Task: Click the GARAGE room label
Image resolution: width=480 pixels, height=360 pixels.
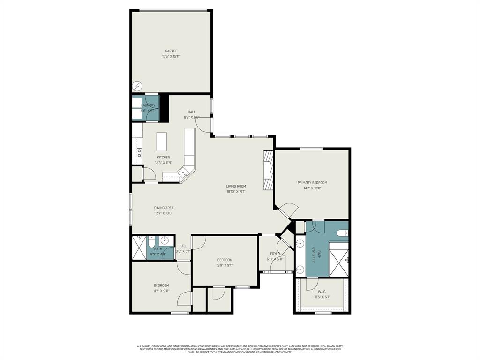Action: pos(171,51)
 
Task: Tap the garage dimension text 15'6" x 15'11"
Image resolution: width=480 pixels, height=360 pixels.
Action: pos(171,56)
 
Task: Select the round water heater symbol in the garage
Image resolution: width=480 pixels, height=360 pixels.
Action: pos(137,86)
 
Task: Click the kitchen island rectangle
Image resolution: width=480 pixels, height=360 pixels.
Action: pos(161,141)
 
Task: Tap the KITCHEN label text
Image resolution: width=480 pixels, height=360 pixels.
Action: pos(164,157)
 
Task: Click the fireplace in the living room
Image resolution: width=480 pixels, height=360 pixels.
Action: pos(268,170)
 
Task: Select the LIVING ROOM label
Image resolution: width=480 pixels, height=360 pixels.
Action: pos(236,186)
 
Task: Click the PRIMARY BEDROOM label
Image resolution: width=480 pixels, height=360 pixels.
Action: pos(312,183)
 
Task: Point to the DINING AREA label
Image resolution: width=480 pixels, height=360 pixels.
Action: pos(164,208)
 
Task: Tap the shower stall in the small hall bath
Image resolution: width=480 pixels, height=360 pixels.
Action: pos(139,248)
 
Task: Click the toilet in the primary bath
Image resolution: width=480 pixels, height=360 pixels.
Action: pos(343,232)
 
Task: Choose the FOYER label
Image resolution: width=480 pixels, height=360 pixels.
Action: pos(275,254)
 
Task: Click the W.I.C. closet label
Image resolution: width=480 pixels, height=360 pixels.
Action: pos(322,291)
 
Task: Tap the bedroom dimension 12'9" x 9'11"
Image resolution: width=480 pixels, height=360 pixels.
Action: pos(225,265)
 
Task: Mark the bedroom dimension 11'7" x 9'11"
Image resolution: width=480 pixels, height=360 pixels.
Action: pos(161,291)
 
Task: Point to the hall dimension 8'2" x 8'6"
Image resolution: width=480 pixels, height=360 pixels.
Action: pos(191,117)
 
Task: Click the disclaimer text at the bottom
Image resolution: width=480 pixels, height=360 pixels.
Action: pos(240,349)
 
